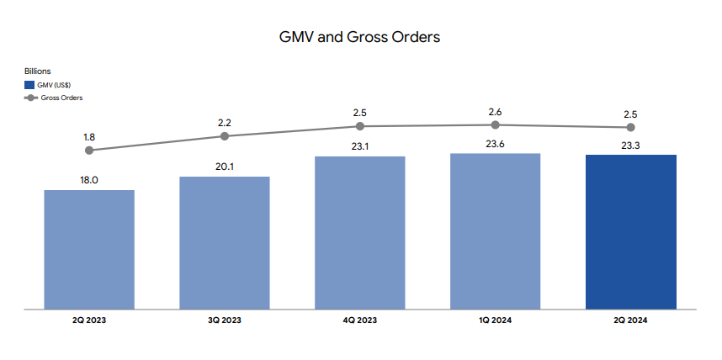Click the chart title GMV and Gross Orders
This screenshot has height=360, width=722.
(x=359, y=37)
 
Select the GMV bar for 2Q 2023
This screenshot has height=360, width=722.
(x=89, y=250)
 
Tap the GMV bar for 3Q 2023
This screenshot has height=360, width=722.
(x=225, y=243)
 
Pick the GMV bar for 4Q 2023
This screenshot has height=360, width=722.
(x=360, y=233)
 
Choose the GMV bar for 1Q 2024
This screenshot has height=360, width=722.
(x=496, y=231)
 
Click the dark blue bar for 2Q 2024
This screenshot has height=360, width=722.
(x=631, y=232)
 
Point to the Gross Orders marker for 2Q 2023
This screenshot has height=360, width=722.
(x=89, y=151)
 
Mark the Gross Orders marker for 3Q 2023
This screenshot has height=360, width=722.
(x=225, y=136)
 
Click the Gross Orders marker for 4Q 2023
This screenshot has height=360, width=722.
(x=360, y=126)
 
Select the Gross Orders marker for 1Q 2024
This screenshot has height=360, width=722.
(x=496, y=124)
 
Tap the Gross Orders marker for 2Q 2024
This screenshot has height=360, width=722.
(x=631, y=127)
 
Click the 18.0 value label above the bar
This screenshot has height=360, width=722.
(x=89, y=179)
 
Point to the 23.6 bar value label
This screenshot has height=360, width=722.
(x=496, y=143)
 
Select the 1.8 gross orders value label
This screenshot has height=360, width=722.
(x=89, y=135)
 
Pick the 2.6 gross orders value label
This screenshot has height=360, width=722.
(x=496, y=110)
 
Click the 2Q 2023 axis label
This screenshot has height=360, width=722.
(x=89, y=320)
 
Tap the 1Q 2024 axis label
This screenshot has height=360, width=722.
(x=496, y=320)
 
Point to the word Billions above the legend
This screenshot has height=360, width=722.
(x=38, y=71)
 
